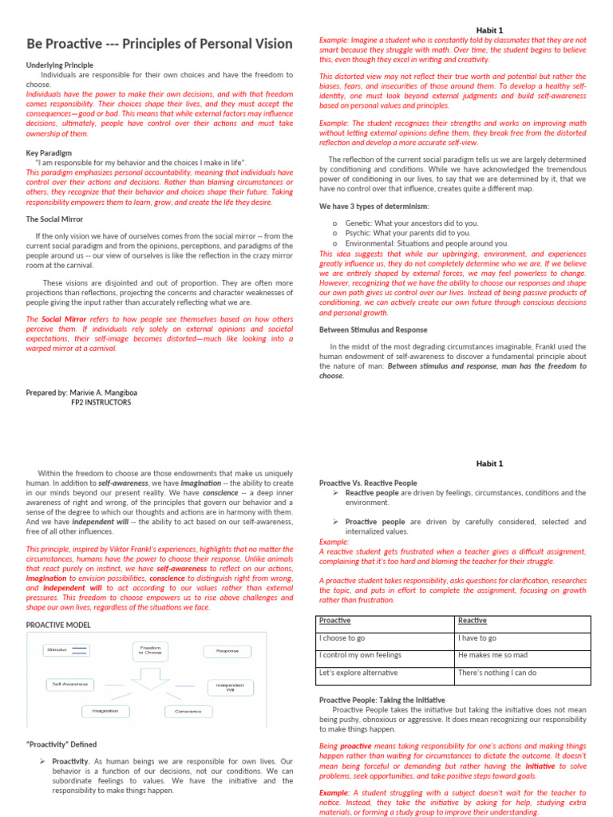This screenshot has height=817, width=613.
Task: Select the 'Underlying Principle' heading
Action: [59, 65]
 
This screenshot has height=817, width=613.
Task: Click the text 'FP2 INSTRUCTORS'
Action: [101, 403]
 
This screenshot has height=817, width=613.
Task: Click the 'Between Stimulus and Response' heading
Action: [373, 330]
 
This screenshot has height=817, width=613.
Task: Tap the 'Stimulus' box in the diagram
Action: [65, 650]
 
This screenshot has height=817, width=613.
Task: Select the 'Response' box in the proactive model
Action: [227, 651]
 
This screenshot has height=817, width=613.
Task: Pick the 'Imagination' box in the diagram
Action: [105, 710]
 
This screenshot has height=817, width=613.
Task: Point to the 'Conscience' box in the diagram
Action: [188, 711]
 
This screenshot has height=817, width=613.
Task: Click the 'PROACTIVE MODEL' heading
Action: [58, 625]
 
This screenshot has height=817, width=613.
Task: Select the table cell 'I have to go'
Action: [477, 638]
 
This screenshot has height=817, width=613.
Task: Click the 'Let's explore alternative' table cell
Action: [358, 673]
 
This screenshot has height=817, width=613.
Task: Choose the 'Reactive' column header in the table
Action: [473, 621]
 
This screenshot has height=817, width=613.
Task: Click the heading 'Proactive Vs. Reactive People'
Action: [368, 483]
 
